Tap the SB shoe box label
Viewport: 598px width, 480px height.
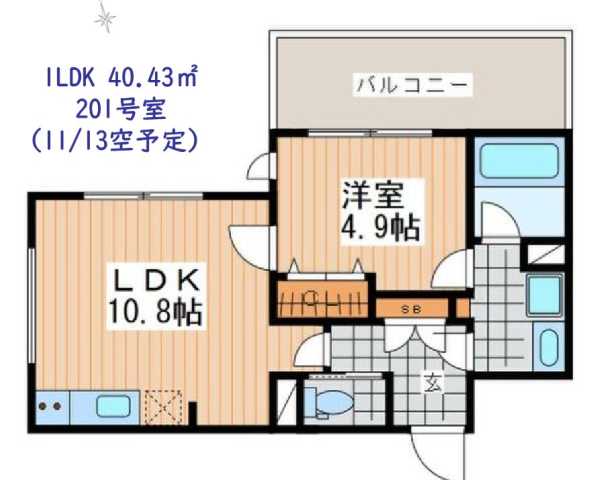pos(410,309)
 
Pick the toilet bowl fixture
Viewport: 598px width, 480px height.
pos(327,402)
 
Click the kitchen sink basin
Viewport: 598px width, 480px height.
pos(109,409)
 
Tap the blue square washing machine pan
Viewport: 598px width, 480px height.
pos(546,296)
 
